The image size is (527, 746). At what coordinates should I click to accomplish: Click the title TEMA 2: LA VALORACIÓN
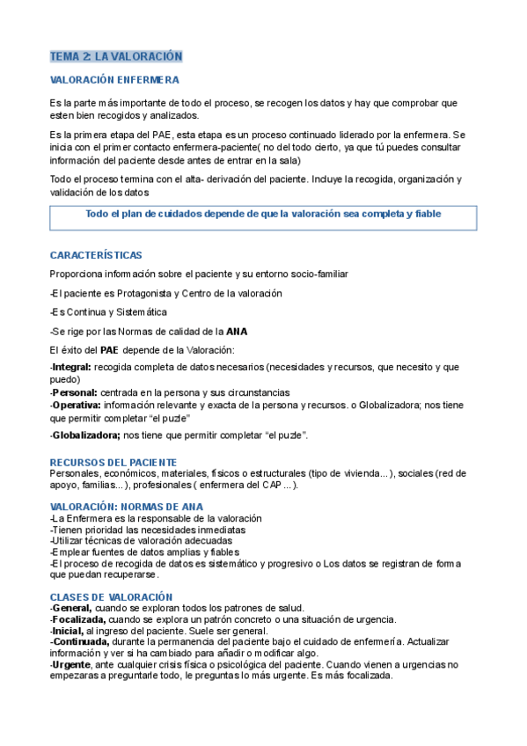(x=116, y=56)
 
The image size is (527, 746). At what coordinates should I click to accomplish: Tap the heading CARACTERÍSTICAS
(x=96, y=255)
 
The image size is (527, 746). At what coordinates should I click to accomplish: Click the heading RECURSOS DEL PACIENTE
(x=113, y=462)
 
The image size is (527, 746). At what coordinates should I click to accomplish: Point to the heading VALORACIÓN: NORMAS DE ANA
(x=127, y=507)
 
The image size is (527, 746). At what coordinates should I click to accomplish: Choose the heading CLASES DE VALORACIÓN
(x=111, y=597)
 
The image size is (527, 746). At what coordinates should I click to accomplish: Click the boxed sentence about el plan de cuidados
(x=263, y=215)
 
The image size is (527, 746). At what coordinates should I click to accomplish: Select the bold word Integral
(x=71, y=366)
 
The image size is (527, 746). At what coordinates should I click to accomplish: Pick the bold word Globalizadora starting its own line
(x=86, y=435)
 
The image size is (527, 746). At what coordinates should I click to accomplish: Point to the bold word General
(x=72, y=609)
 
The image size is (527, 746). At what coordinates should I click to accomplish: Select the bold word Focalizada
(x=77, y=619)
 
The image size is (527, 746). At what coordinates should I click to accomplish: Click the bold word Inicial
(x=69, y=631)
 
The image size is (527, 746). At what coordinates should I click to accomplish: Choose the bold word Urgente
(x=72, y=665)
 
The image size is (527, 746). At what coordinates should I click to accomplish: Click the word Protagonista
(x=143, y=293)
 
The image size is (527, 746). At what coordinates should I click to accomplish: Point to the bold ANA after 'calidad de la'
(x=237, y=332)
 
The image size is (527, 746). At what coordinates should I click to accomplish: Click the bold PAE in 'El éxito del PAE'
(x=110, y=350)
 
